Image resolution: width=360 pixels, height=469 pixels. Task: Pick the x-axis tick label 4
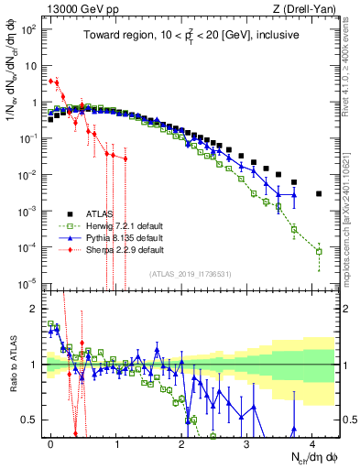coord(313,442)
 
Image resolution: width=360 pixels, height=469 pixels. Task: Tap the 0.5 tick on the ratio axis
coord(31,420)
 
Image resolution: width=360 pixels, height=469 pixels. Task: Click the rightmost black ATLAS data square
coord(319,193)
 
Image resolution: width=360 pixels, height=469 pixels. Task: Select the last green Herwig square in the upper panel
coord(319,251)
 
